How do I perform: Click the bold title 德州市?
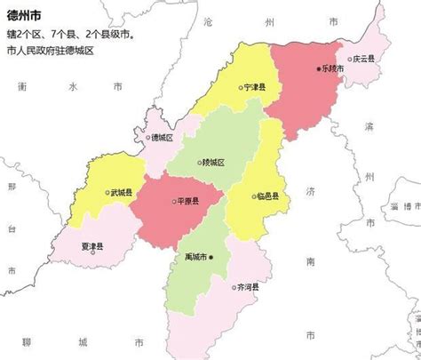pos(25,13)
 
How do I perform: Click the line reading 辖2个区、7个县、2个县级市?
pos(70,34)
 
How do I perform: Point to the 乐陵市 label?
pos(335,68)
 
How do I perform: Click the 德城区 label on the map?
pos(162,138)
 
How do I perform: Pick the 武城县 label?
pos(122,192)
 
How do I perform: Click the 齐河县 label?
pos(249,287)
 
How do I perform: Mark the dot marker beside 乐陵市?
pos(319,68)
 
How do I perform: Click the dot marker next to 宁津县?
pos(241,87)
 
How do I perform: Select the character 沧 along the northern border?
pos(233,20)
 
